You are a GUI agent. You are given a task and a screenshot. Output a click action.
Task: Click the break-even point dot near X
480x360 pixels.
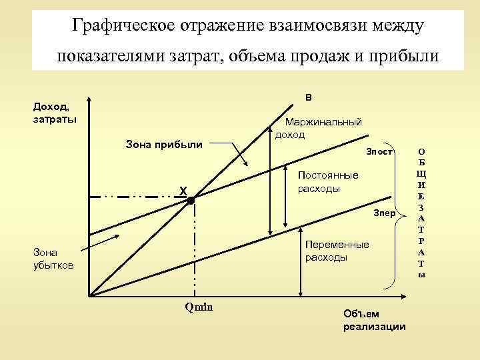(190, 199)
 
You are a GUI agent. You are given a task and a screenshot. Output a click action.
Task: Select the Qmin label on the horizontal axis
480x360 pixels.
(197, 307)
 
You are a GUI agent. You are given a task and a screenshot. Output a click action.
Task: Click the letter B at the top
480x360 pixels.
(308, 98)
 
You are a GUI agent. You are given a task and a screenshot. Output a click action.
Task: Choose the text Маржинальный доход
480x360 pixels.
(319, 128)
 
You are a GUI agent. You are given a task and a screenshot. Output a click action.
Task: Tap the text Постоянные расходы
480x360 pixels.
(327, 181)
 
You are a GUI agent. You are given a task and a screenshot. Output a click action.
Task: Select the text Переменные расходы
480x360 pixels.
(336, 251)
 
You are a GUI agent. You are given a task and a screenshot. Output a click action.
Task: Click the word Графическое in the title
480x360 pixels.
(123, 26)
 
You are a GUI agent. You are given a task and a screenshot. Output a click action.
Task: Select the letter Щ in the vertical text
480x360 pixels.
(422, 173)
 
